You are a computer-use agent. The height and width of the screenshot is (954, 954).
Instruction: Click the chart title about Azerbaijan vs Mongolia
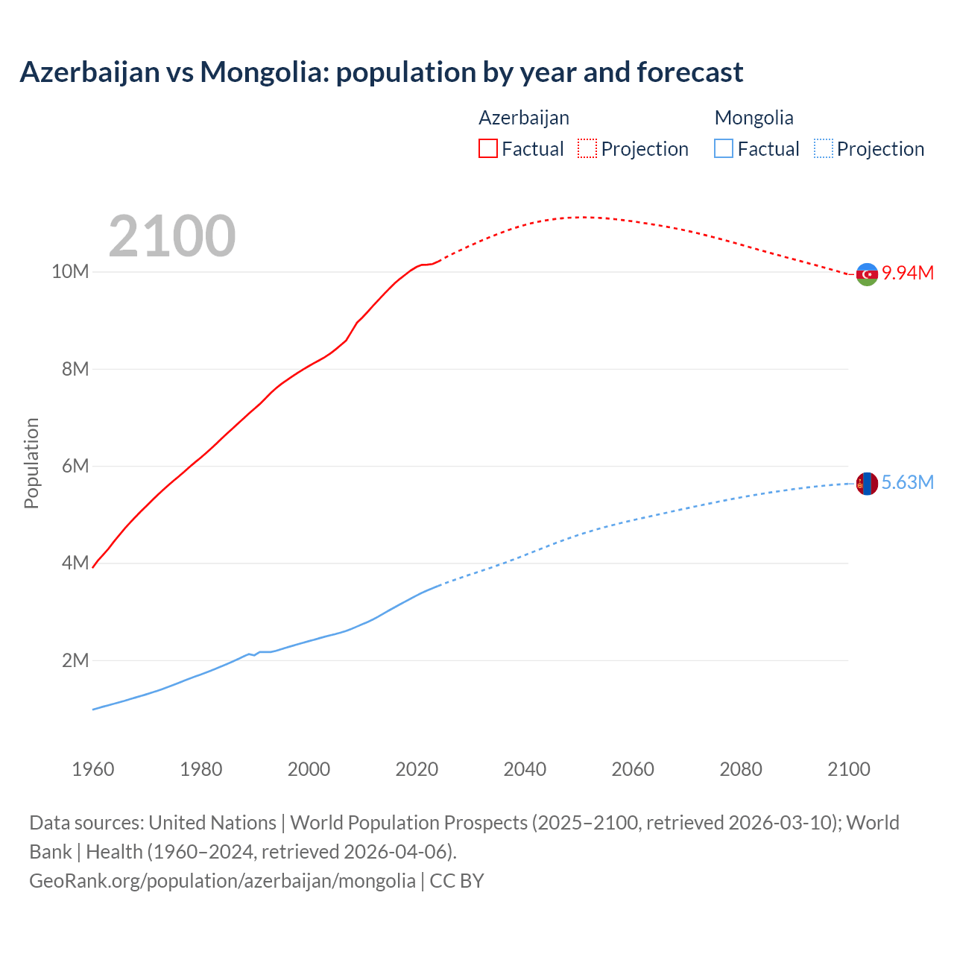(x=381, y=72)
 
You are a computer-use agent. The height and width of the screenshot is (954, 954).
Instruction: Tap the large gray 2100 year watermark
(x=172, y=236)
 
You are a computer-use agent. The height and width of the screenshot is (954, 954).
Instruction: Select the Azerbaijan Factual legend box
(x=487, y=148)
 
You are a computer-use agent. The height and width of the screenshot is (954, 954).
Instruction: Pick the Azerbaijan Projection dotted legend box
(x=587, y=148)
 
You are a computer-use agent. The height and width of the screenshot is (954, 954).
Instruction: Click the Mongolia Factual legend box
(x=724, y=148)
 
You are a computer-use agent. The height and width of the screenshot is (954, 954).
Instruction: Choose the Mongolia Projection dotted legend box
(x=824, y=148)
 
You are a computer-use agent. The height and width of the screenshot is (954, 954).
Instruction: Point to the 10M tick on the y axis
(x=70, y=272)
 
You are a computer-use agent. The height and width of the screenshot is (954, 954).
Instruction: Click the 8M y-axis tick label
(x=75, y=369)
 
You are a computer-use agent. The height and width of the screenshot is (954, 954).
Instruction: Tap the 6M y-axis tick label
(x=75, y=467)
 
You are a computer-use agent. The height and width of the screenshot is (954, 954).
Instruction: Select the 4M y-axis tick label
(x=75, y=563)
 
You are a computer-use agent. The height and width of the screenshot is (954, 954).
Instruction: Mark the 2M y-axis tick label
(x=75, y=660)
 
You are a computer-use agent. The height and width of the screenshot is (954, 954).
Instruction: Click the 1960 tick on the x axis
(x=93, y=769)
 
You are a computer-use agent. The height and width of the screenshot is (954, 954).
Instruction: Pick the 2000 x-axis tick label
(x=309, y=769)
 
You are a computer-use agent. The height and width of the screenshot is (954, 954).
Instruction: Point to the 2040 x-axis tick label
(x=525, y=769)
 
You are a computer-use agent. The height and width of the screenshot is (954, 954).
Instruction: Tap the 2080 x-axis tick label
(x=741, y=769)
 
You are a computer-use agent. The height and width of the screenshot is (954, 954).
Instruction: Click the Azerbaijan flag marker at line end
(x=867, y=274)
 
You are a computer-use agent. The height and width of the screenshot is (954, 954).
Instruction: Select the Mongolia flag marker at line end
(x=867, y=484)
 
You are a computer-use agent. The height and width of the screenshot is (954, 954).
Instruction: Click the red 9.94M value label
(x=908, y=273)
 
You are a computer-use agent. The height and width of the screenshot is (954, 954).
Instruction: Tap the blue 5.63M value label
(x=908, y=483)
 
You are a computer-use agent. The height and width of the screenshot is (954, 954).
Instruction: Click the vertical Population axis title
(x=31, y=463)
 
